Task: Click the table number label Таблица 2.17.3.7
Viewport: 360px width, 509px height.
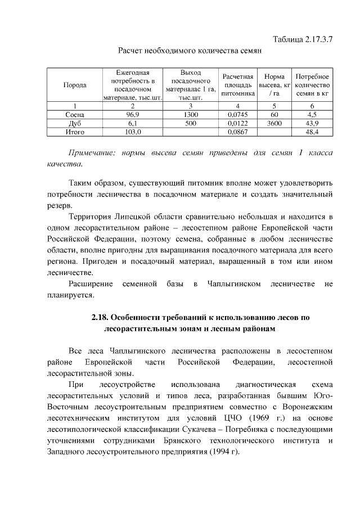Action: [303, 40]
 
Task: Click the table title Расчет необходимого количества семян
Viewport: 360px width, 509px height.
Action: [190, 52]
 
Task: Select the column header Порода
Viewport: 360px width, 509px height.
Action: [75, 85]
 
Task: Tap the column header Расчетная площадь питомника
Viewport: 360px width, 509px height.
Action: [238, 85]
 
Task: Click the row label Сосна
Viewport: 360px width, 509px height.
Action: [75, 114]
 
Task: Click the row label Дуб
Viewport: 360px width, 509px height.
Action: [75, 123]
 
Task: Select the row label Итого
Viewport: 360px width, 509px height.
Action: [75, 132]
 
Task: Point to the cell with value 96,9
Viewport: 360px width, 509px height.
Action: [132, 114]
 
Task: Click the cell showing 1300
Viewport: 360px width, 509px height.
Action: [191, 114]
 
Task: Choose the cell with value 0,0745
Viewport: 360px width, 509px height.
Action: [238, 114]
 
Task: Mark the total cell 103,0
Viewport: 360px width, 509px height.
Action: [132, 132]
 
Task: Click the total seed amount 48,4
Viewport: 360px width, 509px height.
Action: [312, 132]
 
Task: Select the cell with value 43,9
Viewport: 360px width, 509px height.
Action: [312, 123]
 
